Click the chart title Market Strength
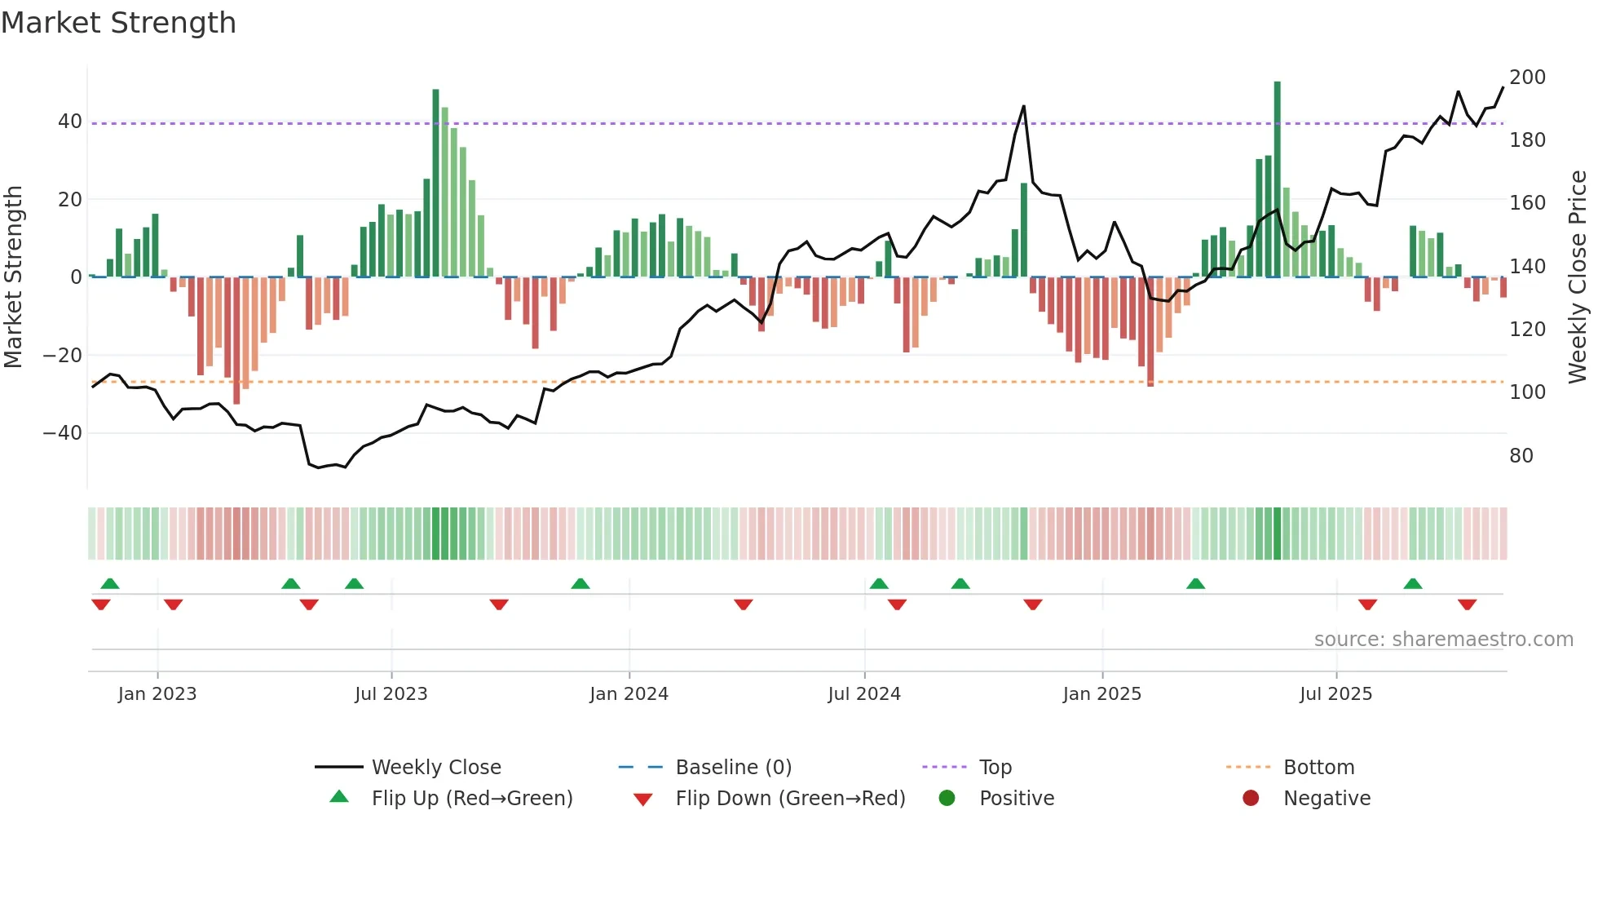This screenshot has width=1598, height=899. tap(118, 23)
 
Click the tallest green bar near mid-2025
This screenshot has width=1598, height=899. tap(1277, 179)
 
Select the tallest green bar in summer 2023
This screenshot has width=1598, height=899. tap(435, 184)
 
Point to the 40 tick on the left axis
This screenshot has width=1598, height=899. tap(70, 122)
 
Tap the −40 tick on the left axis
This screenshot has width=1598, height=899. tap(63, 433)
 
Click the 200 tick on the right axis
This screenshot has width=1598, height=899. tap(1527, 77)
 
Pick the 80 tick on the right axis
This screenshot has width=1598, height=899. tap(1521, 456)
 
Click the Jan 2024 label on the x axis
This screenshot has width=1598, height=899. tap(629, 694)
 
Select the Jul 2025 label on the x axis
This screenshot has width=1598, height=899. tap(1335, 694)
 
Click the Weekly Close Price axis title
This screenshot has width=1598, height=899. tap(1578, 277)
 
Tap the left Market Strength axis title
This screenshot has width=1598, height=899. tap(13, 277)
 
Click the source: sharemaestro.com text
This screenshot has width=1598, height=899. tap(1443, 640)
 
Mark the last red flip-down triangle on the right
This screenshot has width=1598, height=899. tap(1467, 604)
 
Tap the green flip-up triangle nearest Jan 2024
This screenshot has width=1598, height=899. tap(580, 583)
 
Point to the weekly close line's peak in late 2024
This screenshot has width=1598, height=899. tap(1024, 106)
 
